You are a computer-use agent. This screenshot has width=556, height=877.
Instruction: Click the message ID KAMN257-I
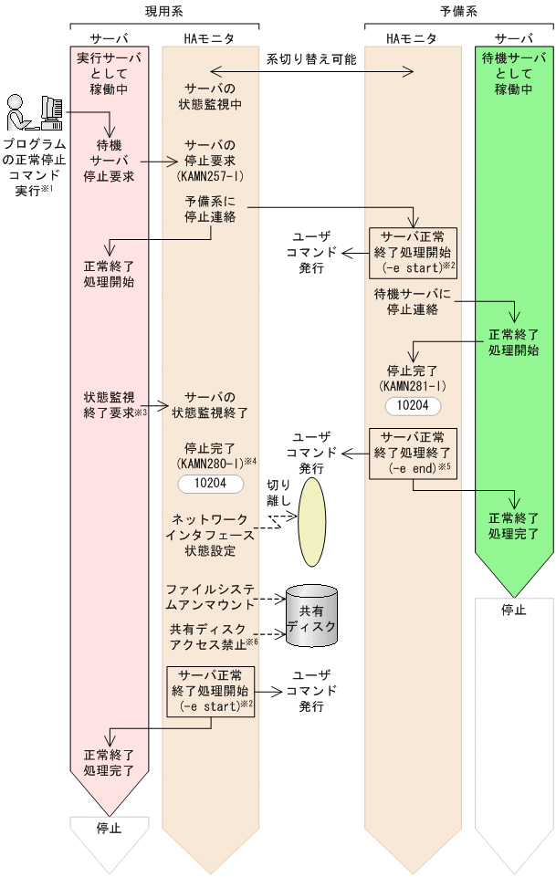click(210, 174)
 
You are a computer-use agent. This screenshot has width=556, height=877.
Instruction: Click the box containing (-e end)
click(412, 453)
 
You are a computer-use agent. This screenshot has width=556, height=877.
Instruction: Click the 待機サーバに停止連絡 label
click(413, 301)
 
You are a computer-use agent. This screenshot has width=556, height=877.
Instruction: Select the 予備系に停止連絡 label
click(210, 213)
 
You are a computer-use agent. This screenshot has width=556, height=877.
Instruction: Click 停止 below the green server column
click(514, 611)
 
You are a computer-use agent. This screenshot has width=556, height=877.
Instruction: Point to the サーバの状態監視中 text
click(210, 96)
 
